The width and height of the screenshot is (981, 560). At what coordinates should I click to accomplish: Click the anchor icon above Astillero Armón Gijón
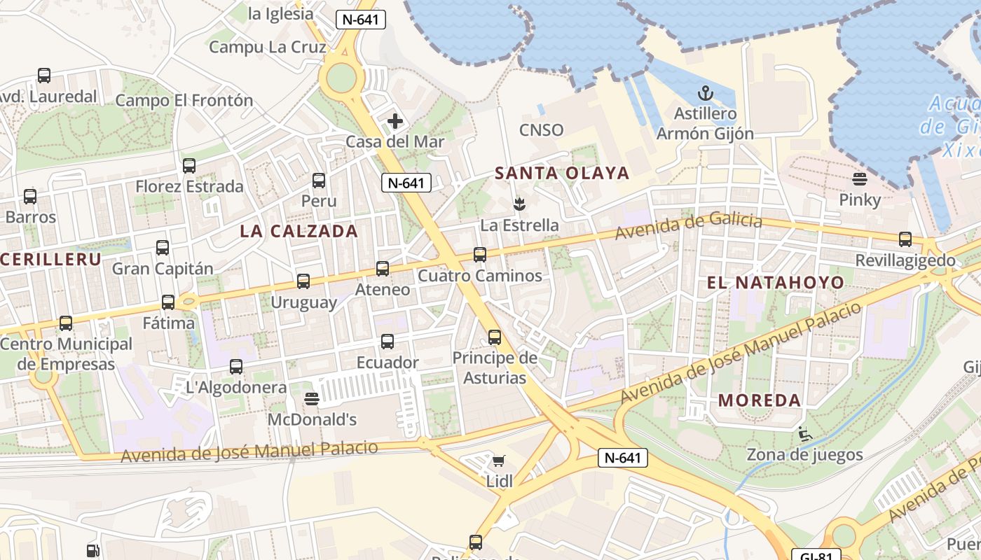pos(705,93)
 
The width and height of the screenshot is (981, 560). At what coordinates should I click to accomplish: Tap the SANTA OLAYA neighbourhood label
pos(562,174)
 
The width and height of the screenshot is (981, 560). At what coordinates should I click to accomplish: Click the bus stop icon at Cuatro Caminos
pos(480,255)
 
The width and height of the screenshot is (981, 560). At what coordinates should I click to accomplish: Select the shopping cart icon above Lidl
pos(498,461)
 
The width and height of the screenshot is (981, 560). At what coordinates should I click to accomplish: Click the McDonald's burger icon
pos(313,399)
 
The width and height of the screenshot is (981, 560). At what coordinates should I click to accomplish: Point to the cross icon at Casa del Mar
pos(395,121)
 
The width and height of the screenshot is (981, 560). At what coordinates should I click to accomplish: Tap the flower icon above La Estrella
pos(519,204)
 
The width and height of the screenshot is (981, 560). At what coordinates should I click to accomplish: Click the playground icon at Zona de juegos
pos(804,435)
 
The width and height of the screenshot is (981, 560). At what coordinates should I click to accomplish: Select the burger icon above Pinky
pos(860,179)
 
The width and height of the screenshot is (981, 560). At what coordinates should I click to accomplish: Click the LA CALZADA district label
pos(299,232)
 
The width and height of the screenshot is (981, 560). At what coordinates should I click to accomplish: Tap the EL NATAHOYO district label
pos(776,283)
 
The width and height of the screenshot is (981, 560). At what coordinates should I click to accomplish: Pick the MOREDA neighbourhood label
pos(760,400)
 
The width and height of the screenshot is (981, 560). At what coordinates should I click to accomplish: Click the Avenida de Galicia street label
pos(688,226)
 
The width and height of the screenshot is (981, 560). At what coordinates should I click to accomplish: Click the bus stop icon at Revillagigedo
pos(905,239)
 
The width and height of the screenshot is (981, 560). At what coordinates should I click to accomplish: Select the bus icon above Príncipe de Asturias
pos(495,337)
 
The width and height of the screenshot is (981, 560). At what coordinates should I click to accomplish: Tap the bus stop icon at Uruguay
pos(303,281)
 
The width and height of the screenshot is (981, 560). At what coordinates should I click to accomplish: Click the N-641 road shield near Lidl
pos(622,458)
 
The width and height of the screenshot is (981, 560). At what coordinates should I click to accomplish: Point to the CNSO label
pos(541,130)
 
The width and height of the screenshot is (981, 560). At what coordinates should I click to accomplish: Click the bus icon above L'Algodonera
pos(236,366)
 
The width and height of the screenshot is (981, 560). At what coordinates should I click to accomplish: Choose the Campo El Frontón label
pos(184,101)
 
